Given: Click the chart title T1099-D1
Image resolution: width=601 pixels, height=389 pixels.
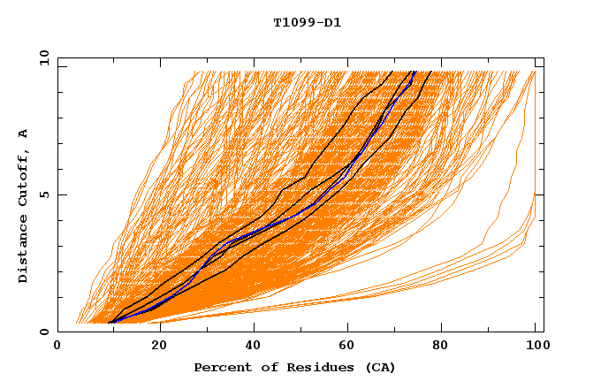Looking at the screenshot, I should pyautogui.click(x=308, y=22).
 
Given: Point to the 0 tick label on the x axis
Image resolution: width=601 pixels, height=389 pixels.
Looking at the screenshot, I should pyautogui.click(x=58, y=347).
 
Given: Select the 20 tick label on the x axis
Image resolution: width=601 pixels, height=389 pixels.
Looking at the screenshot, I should pyautogui.click(x=154, y=347).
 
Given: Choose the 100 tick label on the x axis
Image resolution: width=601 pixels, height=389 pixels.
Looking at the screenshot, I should pyautogui.click(x=536, y=347).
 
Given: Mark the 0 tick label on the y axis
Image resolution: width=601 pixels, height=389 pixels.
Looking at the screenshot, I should pyautogui.click(x=44, y=332).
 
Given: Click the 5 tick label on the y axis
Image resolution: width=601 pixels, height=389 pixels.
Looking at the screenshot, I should pyautogui.click(x=44, y=194).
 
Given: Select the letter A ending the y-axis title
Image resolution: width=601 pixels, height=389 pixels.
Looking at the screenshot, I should pyautogui.click(x=24, y=133).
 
